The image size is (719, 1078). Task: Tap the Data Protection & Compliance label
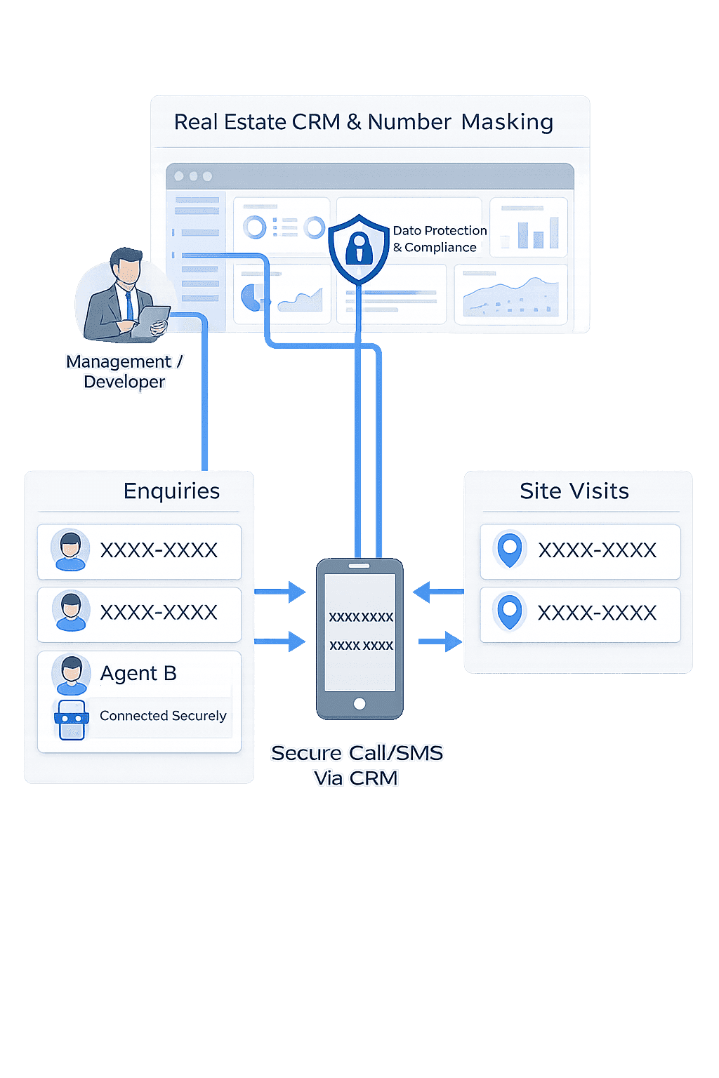click(x=439, y=239)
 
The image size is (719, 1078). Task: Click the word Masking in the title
click(x=507, y=122)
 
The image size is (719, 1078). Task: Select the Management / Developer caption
click(x=124, y=371)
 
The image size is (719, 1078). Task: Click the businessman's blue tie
click(x=129, y=305)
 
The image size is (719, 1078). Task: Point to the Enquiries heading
click(x=171, y=491)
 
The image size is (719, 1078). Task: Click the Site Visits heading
click(x=574, y=491)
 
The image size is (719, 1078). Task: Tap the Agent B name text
click(x=138, y=674)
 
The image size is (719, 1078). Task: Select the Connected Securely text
click(x=163, y=716)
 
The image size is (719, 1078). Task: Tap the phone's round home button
click(x=359, y=703)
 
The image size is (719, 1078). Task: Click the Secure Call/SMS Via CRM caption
click(x=357, y=765)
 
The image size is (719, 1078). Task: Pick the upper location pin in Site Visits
click(x=510, y=549)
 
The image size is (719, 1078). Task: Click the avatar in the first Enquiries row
click(x=70, y=550)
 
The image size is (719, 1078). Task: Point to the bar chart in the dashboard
click(x=537, y=232)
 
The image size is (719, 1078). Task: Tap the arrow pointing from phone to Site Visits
click(x=441, y=641)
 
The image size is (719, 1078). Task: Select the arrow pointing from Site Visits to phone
click(x=437, y=592)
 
